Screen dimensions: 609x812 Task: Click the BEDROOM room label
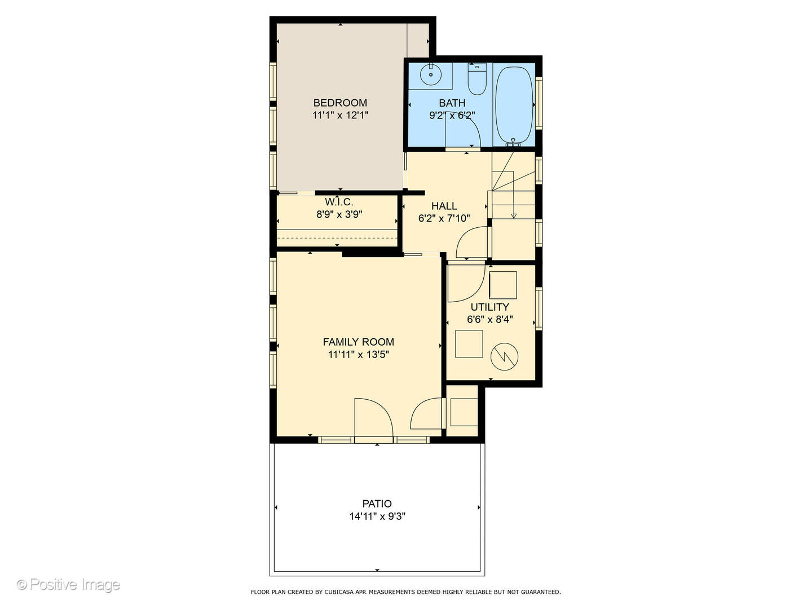coord(340,103)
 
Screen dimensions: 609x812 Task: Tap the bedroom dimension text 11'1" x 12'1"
coord(340,116)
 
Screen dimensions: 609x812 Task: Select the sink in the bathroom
coord(431,74)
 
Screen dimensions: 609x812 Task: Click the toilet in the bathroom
coord(477,80)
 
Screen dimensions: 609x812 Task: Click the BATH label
coord(452,103)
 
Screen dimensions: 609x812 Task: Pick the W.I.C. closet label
coord(339,202)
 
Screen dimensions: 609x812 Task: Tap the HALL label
coord(444,206)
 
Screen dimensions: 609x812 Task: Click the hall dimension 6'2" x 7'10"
coord(444,218)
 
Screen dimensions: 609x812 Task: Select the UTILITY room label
coord(490,307)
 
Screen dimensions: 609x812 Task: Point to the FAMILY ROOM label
coord(359,342)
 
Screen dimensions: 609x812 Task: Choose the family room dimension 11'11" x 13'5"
coord(359,355)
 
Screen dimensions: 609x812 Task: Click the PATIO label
coord(377,504)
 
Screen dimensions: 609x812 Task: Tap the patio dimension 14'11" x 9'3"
coord(377,516)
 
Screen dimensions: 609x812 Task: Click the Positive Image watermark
coord(69,585)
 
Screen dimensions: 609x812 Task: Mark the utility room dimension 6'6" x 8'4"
coord(490,320)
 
